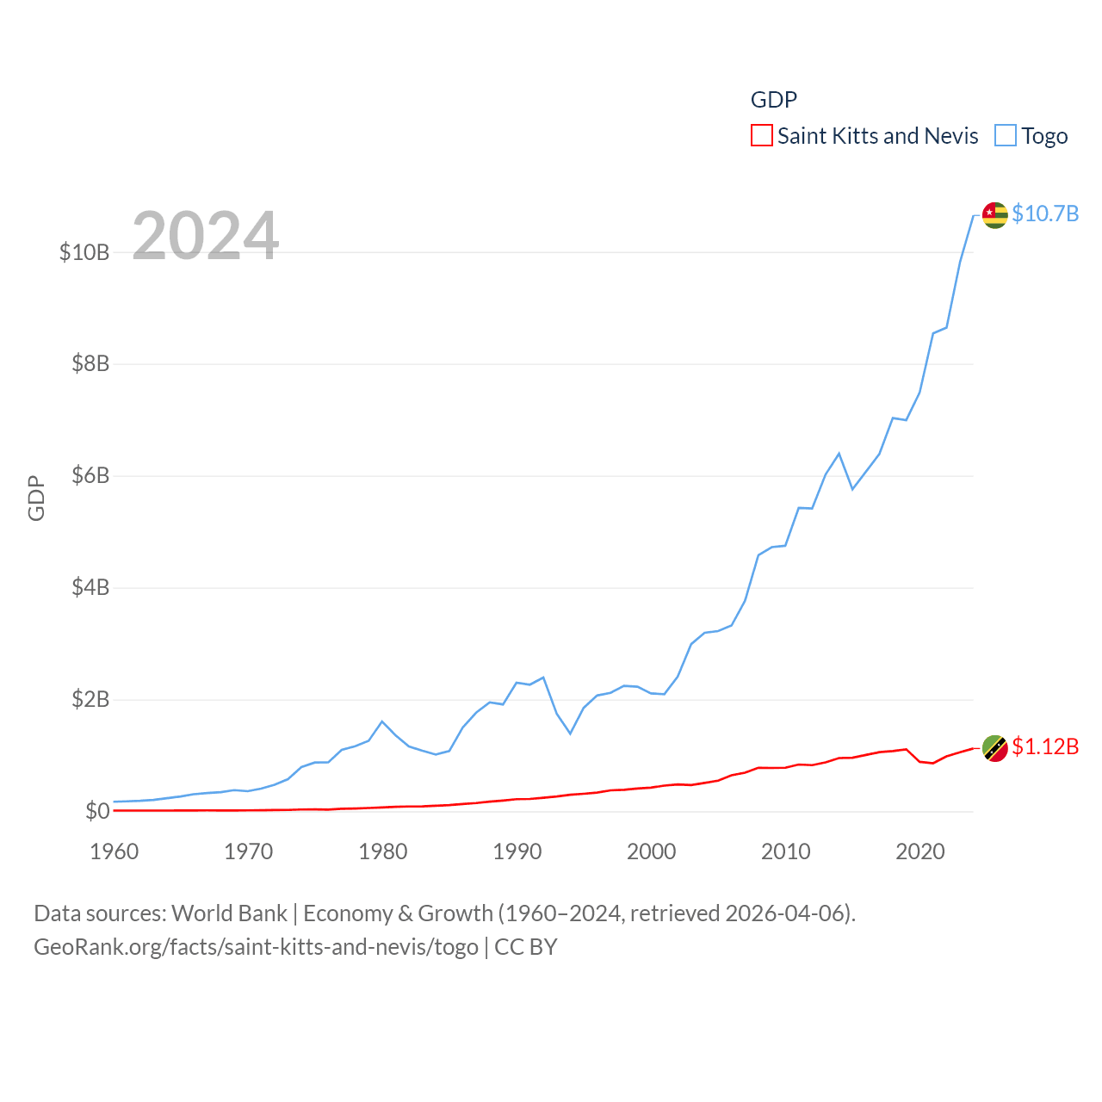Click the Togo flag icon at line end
[994, 215]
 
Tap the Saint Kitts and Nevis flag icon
[994, 748]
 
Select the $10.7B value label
[1045, 214]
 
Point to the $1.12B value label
[1045, 746]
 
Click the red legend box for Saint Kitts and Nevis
[762, 136]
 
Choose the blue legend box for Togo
[1006, 136]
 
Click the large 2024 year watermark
[206, 235]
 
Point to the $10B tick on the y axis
[84, 252]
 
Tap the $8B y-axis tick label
[90, 363]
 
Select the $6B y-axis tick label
[90, 475]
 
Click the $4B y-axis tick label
[90, 587]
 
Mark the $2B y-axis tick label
[90, 699]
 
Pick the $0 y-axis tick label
[97, 811]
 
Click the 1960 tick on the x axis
[115, 851]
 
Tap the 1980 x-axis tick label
[383, 851]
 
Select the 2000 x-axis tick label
[652, 851]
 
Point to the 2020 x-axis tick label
[920, 851]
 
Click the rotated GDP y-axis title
[36, 498]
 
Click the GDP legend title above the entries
[774, 100]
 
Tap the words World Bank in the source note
[229, 913]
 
